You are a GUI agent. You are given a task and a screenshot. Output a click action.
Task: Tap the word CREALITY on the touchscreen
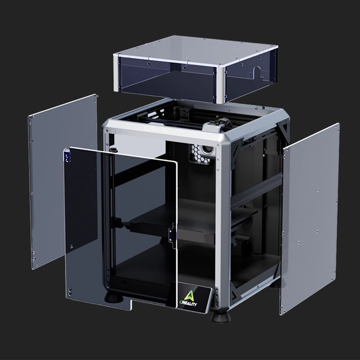[x=188, y=303]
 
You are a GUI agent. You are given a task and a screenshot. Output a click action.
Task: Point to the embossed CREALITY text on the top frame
[x=163, y=130]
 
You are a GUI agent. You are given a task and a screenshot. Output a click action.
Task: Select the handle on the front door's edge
[x=172, y=235]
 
